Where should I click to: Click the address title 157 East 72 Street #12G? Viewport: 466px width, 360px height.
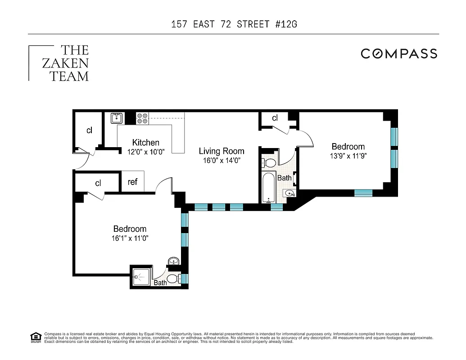(234, 24)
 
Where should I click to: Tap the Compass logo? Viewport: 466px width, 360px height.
(398, 54)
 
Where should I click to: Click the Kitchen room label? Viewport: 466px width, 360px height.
(145, 143)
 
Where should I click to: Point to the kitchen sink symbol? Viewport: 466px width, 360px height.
(117, 118)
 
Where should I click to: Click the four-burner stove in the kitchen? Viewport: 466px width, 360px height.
(142, 118)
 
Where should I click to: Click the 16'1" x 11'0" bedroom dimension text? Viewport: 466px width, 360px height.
(130, 238)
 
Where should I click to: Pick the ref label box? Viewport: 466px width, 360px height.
(132, 182)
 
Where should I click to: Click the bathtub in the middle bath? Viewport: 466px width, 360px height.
(269, 188)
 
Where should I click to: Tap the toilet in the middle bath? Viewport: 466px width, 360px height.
(270, 162)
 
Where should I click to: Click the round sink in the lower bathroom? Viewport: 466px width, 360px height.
(174, 261)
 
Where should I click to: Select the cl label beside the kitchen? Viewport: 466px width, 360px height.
(89, 130)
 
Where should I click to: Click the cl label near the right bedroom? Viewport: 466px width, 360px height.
(275, 118)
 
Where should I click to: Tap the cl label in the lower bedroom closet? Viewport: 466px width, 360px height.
(98, 183)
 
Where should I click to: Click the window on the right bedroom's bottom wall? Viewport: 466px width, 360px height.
(363, 193)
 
